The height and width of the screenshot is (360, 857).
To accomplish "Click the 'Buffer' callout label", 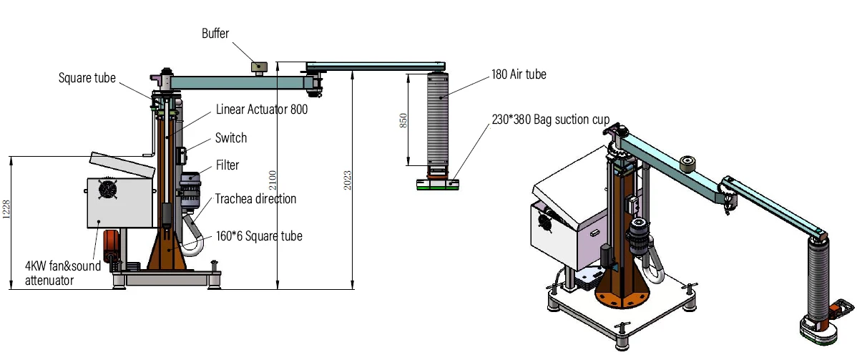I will (215, 33).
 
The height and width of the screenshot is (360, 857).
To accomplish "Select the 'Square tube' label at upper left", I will (87, 78).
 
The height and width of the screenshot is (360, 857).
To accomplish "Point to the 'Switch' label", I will (231, 138).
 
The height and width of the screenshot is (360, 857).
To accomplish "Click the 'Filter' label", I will (227, 165).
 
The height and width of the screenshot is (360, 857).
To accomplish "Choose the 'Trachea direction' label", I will (255, 198).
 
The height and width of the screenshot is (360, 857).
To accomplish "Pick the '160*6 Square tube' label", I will (259, 236).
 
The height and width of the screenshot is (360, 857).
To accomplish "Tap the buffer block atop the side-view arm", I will (258, 67).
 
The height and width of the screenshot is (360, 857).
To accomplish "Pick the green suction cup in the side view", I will (436, 186).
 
